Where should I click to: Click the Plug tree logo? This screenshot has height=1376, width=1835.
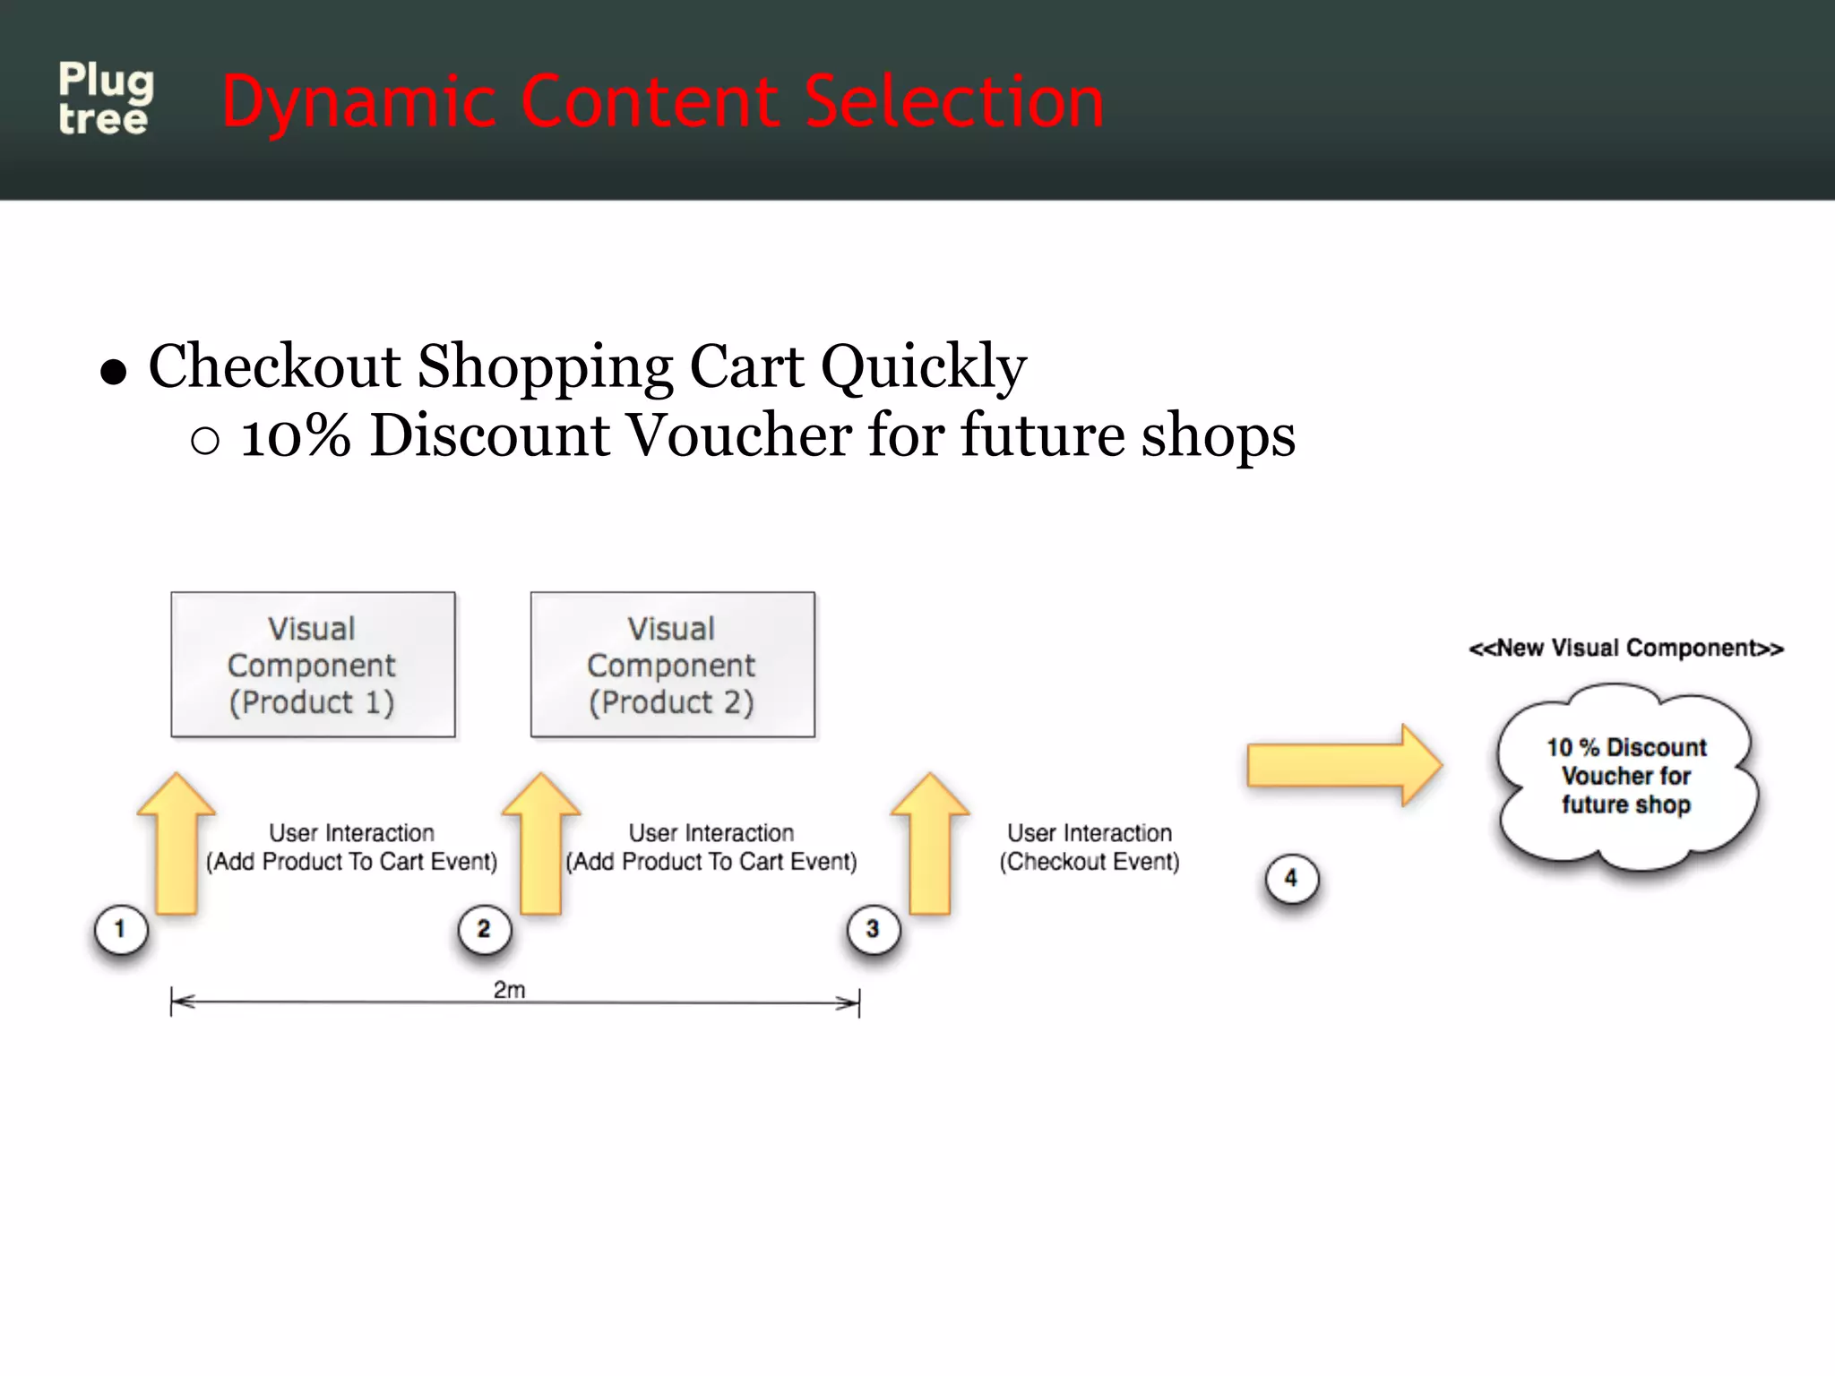click(x=106, y=99)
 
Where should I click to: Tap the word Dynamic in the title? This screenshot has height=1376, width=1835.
click(x=358, y=102)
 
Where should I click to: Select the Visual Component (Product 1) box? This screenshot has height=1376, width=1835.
click(x=313, y=665)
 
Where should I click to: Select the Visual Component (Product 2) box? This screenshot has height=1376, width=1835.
click(x=672, y=665)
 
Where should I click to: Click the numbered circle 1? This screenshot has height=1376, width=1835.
click(x=120, y=929)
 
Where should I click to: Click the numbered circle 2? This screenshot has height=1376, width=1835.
click(x=484, y=929)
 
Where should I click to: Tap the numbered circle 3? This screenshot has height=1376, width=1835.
click(x=873, y=929)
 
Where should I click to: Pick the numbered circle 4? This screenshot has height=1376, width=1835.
click(x=1291, y=878)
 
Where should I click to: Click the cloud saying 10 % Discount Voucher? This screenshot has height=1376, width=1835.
click(x=1625, y=776)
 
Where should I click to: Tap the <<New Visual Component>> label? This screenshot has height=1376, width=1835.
click(x=1625, y=648)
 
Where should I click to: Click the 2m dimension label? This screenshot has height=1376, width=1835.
click(x=509, y=989)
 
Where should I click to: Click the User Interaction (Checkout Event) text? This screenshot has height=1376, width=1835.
click(x=1090, y=847)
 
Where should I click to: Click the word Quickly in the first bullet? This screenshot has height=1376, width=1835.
click(x=923, y=367)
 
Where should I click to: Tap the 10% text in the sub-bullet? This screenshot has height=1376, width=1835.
click(x=296, y=436)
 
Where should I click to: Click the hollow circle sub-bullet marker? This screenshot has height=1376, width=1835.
click(x=205, y=440)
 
